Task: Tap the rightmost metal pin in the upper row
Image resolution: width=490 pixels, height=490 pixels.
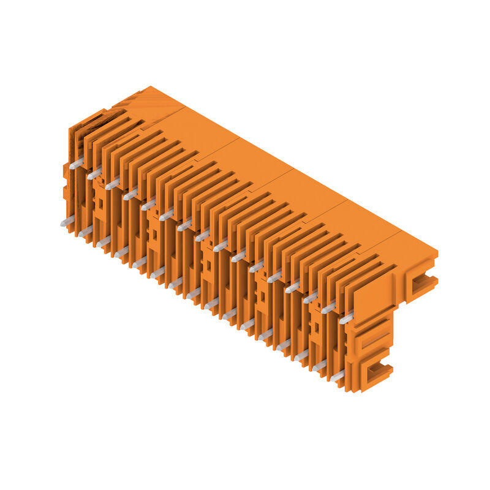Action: coord(346,318)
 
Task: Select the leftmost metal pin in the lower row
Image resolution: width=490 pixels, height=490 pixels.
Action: coord(67,221)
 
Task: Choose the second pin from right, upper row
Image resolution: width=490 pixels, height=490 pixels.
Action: coord(328,308)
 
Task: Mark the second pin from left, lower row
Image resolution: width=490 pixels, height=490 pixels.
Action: coord(85,231)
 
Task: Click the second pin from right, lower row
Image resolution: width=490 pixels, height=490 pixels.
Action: coord(319,366)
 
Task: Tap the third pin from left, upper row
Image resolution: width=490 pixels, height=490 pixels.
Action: coord(112,184)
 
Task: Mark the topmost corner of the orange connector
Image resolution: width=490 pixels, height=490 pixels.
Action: coord(150,87)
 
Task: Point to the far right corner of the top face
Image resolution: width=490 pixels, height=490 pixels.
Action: coord(438,251)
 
